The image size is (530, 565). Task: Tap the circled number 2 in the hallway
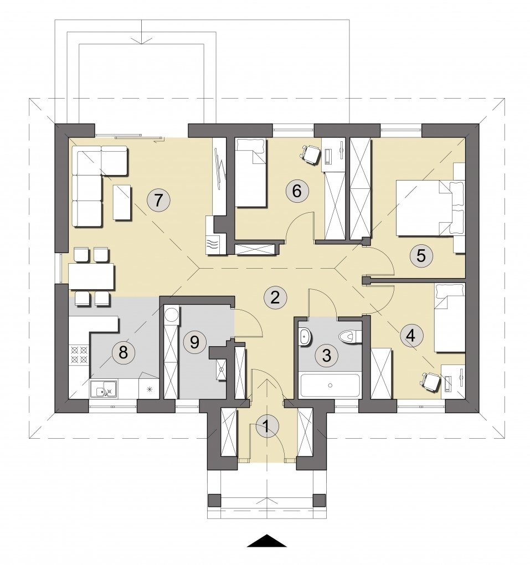(275, 297)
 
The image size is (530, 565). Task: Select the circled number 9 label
(194, 342)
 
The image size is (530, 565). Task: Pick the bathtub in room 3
(330, 386)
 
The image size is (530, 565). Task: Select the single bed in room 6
(251, 173)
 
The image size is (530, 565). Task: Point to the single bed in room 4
(450, 317)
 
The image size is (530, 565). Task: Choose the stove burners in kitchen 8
(79, 354)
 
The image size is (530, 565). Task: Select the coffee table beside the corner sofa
(122, 202)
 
